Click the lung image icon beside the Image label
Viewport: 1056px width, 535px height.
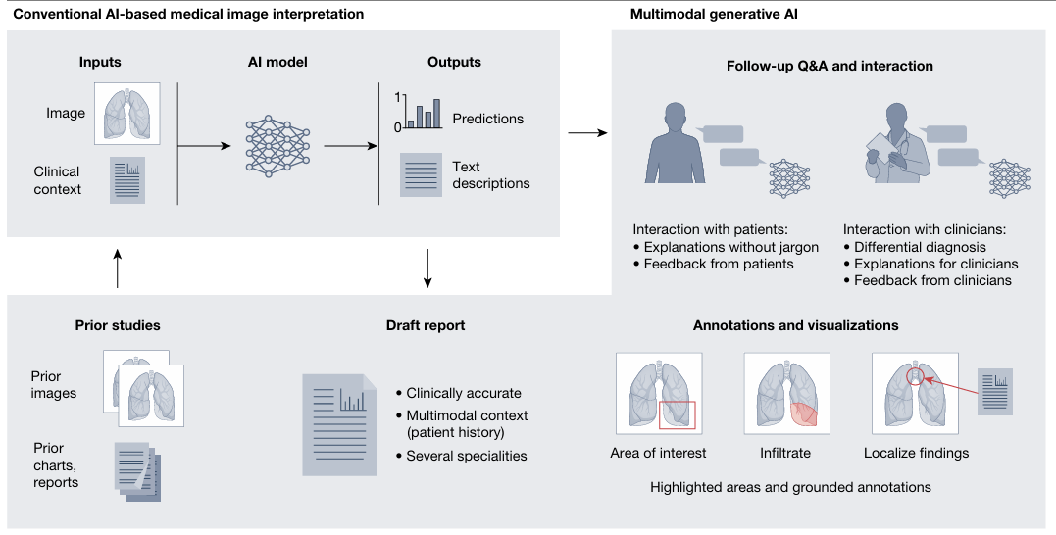click(127, 114)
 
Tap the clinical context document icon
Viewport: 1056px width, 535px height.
click(127, 180)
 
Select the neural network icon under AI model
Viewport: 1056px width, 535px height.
click(277, 146)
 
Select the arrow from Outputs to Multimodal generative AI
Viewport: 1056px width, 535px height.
click(585, 133)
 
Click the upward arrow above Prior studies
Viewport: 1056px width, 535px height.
click(118, 267)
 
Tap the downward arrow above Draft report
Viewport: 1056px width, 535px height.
click(428, 270)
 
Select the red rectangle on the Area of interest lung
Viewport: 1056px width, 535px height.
click(678, 414)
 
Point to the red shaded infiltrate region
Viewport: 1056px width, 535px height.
click(801, 414)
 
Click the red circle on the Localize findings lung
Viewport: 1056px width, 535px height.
click(914, 375)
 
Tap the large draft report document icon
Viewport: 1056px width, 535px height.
click(339, 424)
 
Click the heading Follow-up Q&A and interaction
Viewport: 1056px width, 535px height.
click(830, 67)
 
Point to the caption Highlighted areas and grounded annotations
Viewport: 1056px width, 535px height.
click(790, 486)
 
